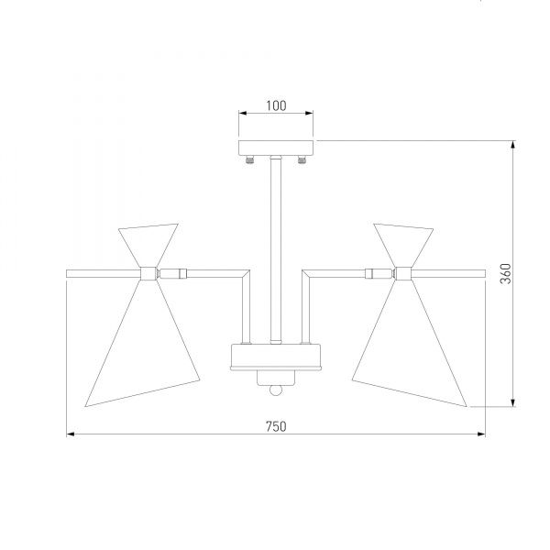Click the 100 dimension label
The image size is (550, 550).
[276, 105]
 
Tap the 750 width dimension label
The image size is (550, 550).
[276, 426]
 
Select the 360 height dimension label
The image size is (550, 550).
[506, 273]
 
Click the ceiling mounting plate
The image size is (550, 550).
[276, 148]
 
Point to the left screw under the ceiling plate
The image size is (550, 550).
[249, 159]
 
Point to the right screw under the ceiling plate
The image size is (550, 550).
[302, 159]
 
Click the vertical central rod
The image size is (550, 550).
[276, 249]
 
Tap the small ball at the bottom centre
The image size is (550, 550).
[276, 390]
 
